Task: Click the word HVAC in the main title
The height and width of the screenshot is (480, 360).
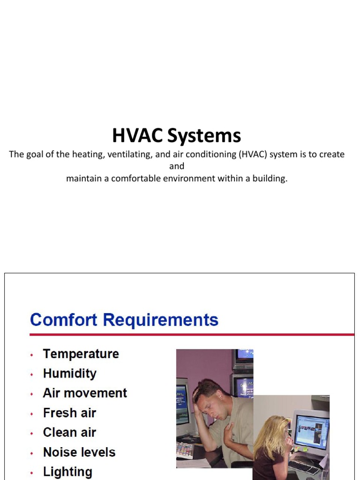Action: pyautogui.click(x=138, y=136)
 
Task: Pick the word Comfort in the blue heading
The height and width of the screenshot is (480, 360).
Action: pyautogui.click(x=64, y=320)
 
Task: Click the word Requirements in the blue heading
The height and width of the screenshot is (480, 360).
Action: pyautogui.click(x=161, y=320)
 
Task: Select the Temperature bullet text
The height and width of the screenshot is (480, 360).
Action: pyautogui.click(x=81, y=354)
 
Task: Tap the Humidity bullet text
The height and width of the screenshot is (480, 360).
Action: pyautogui.click(x=69, y=374)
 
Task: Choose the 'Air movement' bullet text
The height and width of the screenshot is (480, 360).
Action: pyautogui.click(x=85, y=393)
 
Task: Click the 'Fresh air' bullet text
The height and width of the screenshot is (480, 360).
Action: pyautogui.click(x=69, y=413)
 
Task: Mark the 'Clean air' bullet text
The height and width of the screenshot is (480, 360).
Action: pyautogui.click(x=69, y=432)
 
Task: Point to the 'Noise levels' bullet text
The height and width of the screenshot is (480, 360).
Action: pyautogui.click(x=79, y=452)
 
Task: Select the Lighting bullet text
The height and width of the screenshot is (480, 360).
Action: pyautogui.click(x=67, y=472)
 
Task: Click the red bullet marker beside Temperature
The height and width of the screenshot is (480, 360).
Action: pyautogui.click(x=32, y=355)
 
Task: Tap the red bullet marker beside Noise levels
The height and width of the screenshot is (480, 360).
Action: pyautogui.click(x=32, y=454)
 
